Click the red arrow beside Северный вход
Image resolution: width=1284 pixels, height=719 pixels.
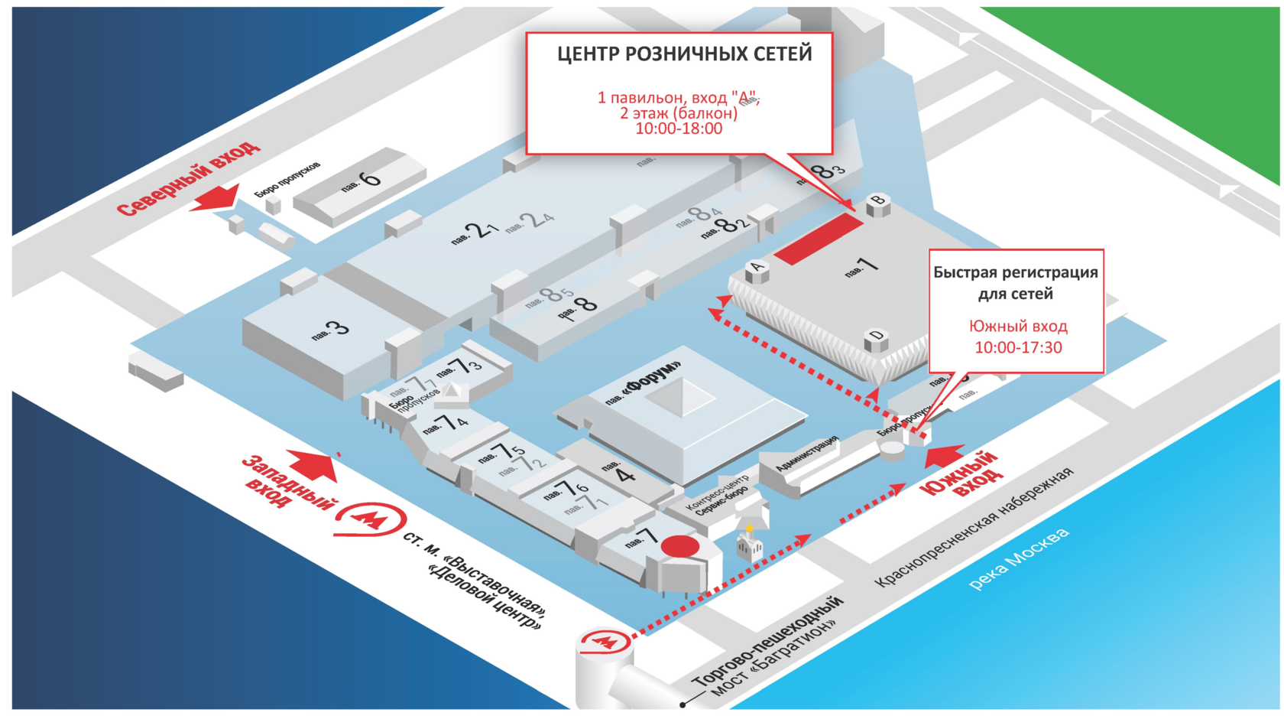pos(216,198)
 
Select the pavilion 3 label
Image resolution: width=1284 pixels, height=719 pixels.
pos(330,330)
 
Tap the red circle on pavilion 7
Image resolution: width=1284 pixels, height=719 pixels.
pos(679,546)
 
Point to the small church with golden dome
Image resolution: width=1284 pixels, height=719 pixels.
pos(749,543)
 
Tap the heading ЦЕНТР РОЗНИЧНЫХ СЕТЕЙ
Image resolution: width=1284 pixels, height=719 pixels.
pos(684,54)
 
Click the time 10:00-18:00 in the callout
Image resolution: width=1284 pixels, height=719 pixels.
pos(679,129)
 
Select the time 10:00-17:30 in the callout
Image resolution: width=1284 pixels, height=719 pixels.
pos(1018,348)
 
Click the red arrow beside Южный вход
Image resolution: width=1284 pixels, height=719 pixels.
pos(944,456)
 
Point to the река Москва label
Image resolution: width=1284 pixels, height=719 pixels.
pos(1019,559)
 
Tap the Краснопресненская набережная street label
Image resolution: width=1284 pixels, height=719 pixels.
pos(974,529)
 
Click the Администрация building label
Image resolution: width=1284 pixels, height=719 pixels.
pos(807,454)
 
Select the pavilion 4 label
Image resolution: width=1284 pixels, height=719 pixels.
pos(621,472)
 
